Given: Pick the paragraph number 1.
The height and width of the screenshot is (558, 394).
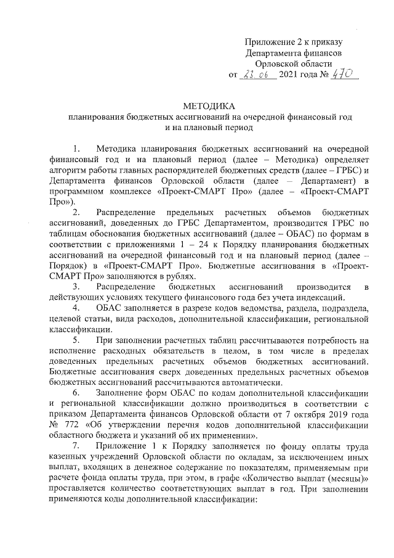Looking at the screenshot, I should point(75,149).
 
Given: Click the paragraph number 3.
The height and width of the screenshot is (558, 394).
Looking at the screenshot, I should point(75,287).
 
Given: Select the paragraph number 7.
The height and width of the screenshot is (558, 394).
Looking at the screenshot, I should point(75,446).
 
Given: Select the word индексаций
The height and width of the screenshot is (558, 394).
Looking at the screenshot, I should point(310,298).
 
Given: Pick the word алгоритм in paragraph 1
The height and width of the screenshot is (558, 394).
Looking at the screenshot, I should point(66,170).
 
